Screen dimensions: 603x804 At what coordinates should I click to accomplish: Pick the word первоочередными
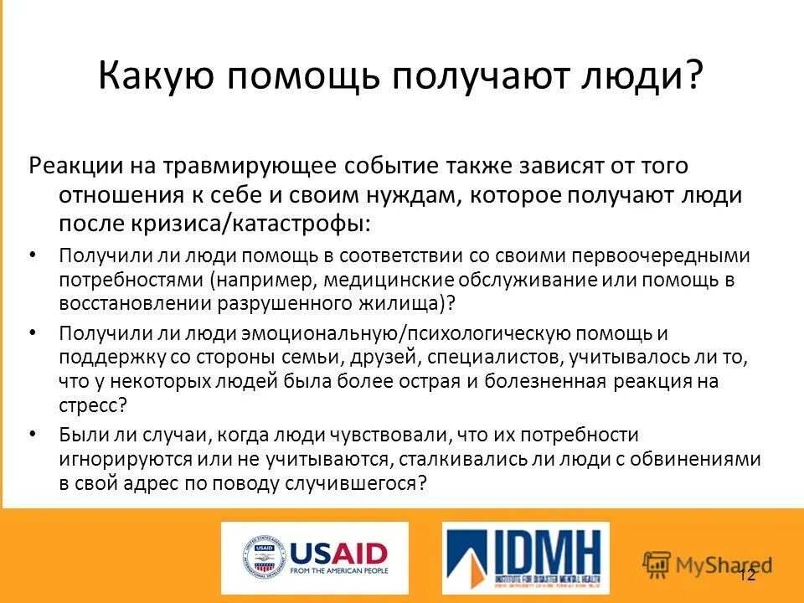[x=658, y=256]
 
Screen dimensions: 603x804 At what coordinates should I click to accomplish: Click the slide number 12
[x=748, y=575]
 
